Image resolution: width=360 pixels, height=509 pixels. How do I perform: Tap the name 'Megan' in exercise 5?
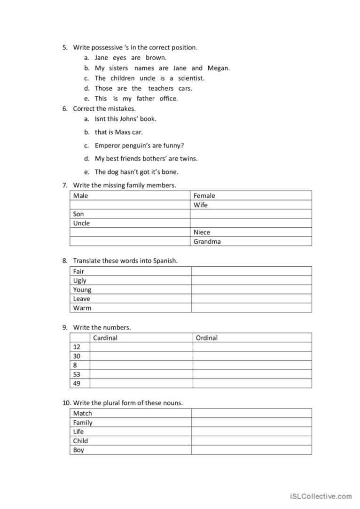(x=219, y=68)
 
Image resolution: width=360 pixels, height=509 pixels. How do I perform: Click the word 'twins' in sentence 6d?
(x=188, y=159)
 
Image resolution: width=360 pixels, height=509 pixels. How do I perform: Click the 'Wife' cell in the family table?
(x=200, y=205)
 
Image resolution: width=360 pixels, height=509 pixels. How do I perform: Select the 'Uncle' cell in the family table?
(x=81, y=224)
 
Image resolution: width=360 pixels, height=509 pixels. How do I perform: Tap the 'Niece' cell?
(x=202, y=232)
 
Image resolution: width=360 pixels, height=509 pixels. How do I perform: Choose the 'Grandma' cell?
(x=207, y=242)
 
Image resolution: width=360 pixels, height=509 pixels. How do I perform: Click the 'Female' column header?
(x=204, y=196)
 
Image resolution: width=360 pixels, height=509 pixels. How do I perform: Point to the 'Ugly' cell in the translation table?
(x=80, y=281)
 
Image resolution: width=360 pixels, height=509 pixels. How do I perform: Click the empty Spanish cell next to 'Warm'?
(x=251, y=308)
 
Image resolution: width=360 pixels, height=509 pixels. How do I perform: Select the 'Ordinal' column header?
(x=206, y=338)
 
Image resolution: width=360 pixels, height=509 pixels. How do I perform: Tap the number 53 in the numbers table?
(x=77, y=374)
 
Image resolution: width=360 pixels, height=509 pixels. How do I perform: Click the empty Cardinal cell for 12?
(x=141, y=347)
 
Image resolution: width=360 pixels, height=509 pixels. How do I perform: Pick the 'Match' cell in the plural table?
(x=82, y=414)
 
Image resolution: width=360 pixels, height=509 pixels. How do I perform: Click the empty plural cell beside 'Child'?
(x=251, y=441)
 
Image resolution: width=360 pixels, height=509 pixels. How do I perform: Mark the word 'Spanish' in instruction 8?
(x=165, y=261)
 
